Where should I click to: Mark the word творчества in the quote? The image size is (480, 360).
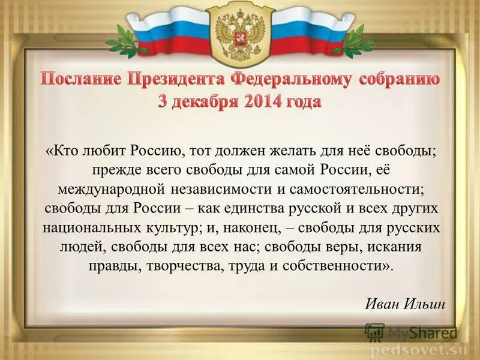[187, 266]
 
